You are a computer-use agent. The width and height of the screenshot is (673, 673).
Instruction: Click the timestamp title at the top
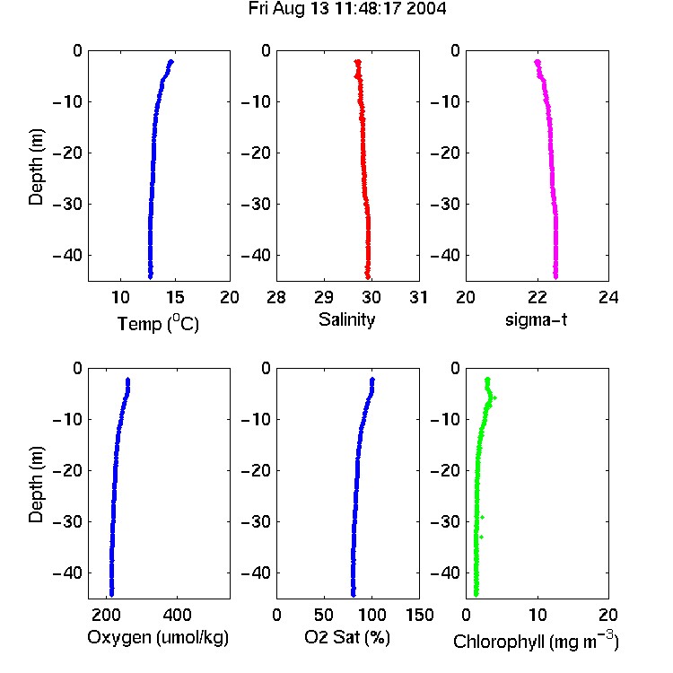347,8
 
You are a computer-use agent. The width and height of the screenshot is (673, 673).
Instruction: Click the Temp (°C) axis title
158,324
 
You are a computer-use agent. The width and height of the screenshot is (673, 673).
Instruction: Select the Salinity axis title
346,319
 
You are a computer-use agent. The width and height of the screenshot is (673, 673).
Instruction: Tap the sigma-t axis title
536,319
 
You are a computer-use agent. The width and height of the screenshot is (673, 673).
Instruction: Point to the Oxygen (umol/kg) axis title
158,637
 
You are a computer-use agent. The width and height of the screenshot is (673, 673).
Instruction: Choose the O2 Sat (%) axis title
347,637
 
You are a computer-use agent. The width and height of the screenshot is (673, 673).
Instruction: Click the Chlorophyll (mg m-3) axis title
536,641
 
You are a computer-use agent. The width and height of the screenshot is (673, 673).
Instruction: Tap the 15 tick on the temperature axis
175,297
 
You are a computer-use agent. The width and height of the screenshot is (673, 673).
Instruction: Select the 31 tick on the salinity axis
418,297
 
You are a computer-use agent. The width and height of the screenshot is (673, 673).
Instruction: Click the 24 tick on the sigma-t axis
608,297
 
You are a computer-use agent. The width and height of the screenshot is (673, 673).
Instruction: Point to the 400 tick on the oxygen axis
177,615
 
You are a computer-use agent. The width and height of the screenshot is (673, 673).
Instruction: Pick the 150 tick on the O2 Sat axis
419,615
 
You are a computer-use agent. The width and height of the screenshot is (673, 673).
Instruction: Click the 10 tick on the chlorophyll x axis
538,615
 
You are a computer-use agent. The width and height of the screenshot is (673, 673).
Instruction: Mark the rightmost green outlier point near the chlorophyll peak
494,398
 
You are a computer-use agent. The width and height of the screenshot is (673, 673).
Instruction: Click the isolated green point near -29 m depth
482,517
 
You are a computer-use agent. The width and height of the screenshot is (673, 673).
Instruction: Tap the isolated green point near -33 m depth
481,537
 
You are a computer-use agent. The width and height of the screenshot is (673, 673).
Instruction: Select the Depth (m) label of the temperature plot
36,167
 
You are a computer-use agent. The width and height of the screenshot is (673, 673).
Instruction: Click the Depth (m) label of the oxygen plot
36,485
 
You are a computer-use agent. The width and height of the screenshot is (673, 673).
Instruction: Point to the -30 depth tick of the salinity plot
257,204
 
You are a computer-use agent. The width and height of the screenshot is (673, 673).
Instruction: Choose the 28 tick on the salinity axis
276,297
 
